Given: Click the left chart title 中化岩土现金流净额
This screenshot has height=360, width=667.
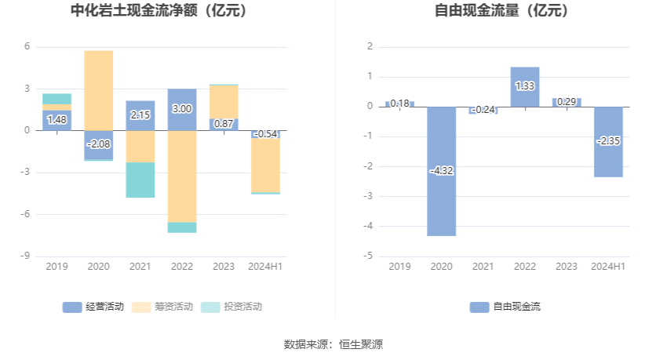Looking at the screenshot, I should [x=159, y=11].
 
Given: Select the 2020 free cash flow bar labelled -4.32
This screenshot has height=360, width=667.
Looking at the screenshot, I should [x=441, y=171].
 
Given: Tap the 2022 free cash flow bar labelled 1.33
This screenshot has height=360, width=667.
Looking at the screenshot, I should [x=525, y=86].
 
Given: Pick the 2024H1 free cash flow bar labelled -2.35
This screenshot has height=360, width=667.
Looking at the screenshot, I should [x=608, y=141].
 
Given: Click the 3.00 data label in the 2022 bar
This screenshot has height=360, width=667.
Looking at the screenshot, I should [x=182, y=109].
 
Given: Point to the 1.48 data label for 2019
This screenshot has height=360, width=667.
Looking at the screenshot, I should [x=56, y=120].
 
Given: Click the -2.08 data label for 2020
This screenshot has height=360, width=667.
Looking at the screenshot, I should [x=99, y=144].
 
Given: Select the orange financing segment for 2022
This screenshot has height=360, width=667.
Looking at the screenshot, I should [x=182, y=176].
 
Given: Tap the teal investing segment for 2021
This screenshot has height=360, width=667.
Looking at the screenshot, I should [x=140, y=180].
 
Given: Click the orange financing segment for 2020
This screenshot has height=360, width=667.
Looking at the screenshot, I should [x=99, y=90].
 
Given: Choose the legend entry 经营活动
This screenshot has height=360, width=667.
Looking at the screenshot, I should [x=93, y=307].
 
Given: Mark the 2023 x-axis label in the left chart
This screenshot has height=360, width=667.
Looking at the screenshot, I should [x=224, y=267].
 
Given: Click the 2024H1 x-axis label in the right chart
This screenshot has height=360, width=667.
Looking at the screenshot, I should [x=608, y=267].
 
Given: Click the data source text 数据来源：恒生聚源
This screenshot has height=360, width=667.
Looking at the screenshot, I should [x=333, y=344].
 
